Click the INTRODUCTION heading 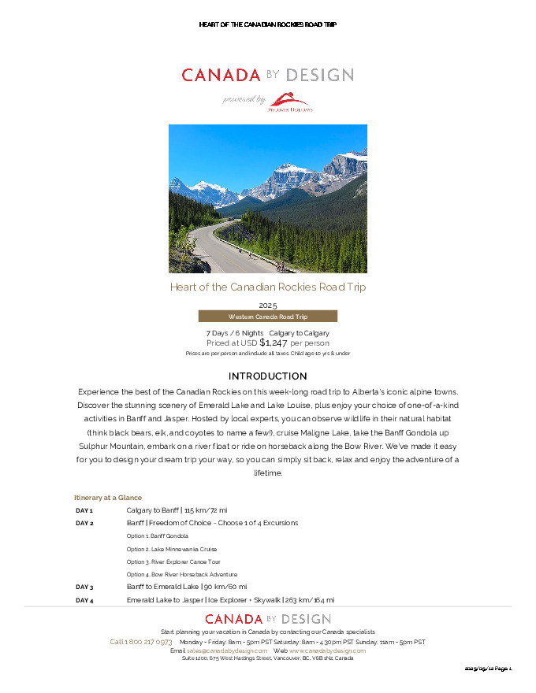click(x=267, y=376)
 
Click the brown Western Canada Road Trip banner click(x=267, y=316)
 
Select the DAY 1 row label click(x=84, y=510)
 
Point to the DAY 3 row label click(x=84, y=587)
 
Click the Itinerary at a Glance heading click(x=107, y=498)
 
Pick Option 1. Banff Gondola click(x=157, y=536)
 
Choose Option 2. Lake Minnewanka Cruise click(x=171, y=549)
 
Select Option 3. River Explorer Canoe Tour click(x=173, y=561)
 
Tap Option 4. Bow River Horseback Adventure click(x=181, y=574)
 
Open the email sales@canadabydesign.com click(x=227, y=650)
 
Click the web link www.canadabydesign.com click(x=327, y=650)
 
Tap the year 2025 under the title click(x=267, y=305)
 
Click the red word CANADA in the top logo click(x=221, y=76)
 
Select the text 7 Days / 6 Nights click(x=234, y=333)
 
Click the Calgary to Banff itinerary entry click(x=177, y=510)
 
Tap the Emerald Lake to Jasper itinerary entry click(x=230, y=600)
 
